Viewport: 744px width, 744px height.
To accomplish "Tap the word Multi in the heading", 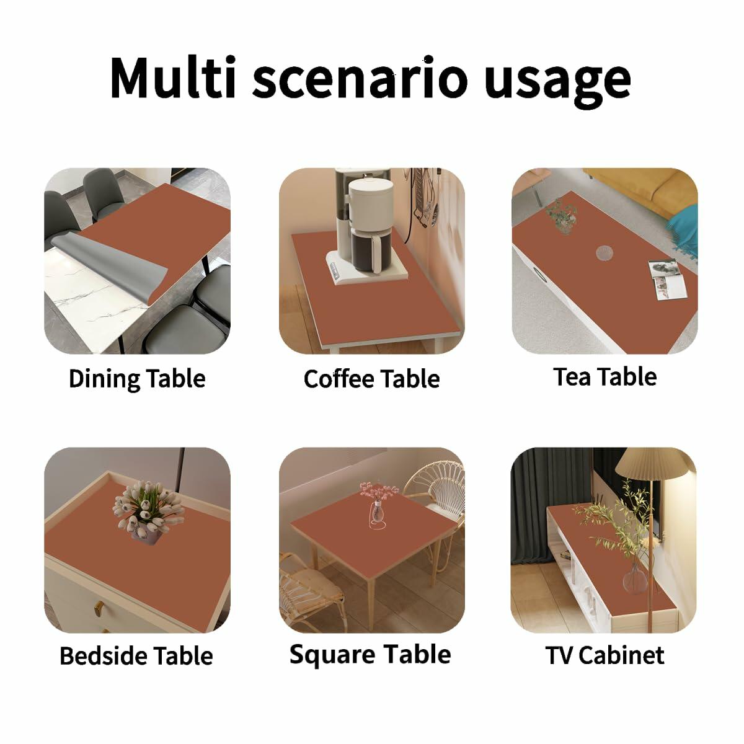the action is tap(172, 77).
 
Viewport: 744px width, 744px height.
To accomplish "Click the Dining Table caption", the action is tap(137, 379).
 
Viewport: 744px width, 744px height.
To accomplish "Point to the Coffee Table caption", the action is tap(371, 379).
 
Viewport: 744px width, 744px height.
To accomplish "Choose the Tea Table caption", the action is tap(605, 376).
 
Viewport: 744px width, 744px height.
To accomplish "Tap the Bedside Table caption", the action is tap(136, 655).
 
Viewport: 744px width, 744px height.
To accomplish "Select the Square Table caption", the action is tap(370, 655).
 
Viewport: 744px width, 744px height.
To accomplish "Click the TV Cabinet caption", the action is tap(604, 655).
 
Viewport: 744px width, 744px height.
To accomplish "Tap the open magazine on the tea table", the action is tap(666, 279).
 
